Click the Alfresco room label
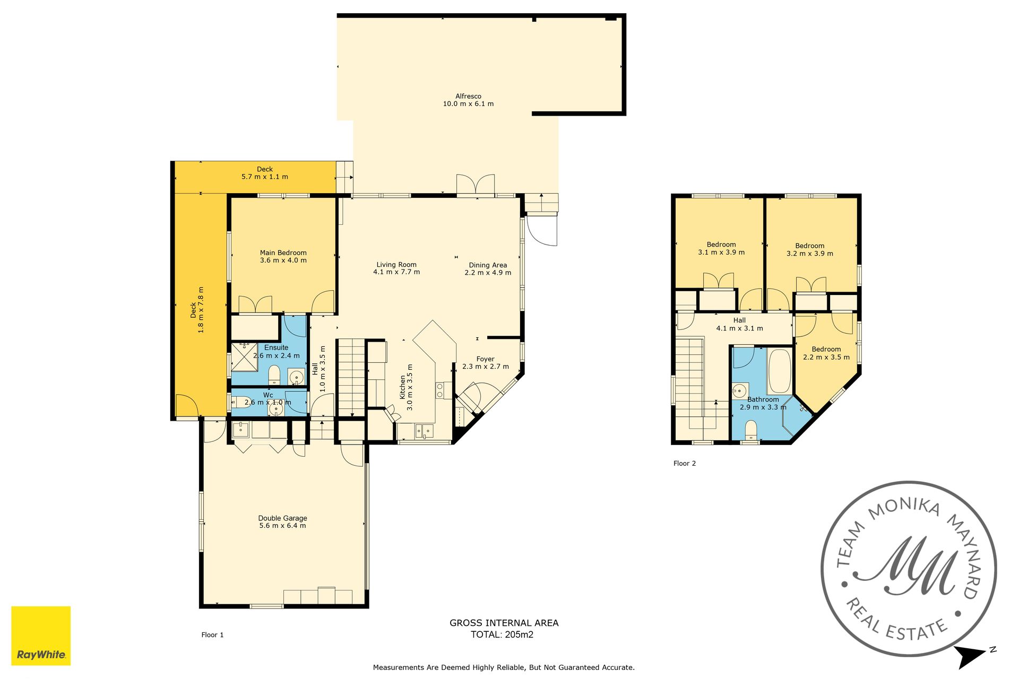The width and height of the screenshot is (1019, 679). click(x=468, y=96)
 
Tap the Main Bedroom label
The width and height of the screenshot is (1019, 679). click(x=283, y=253)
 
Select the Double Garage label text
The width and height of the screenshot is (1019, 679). click(x=282, y=518)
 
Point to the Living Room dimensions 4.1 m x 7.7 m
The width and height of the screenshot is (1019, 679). click(x=396, y=272)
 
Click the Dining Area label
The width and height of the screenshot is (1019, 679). click(x=488, y=265)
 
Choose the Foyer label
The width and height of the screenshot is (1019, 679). click(x=485, y=359)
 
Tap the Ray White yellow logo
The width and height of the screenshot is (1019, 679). click(x=41, y=636)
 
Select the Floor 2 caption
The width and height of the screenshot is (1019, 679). click(x=685, y=463)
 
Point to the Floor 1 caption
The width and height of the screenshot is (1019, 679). click(x=212, y=634)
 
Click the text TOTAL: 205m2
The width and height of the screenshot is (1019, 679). click(x=502, y=634)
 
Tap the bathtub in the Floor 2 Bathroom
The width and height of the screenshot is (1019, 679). click(x=779, y=371)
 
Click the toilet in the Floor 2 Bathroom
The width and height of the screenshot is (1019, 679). click(x=751, y=429)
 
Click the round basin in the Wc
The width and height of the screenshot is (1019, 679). click(x=275, y=409)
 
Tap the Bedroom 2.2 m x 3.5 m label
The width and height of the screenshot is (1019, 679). click(x=826, y=353)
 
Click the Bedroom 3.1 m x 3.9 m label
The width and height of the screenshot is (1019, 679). click(x=721, y=248)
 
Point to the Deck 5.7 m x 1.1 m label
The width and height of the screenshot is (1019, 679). click(x=265, y=173)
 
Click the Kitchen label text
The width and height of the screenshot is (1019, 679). click(x=402, y=387)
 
